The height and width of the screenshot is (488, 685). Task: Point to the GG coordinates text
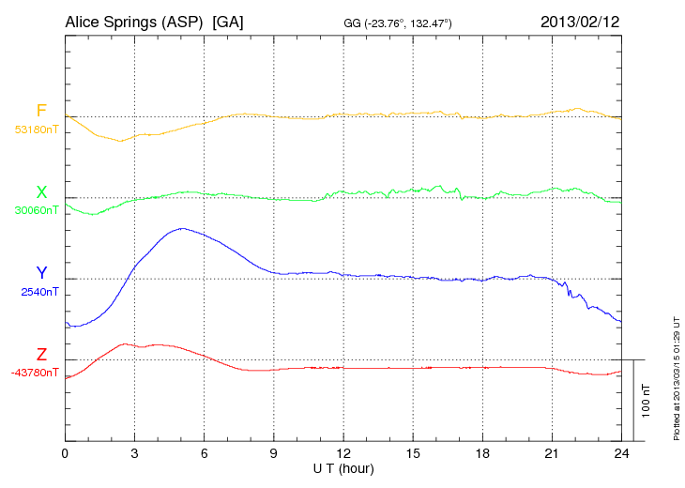(x=399, y=23)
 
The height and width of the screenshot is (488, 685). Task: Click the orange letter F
(x=41, y=111)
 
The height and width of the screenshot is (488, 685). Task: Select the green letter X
(x=41, y=192)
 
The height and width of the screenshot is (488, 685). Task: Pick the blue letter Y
(x=41, y=273)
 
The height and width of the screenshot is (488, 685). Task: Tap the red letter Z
(x=41, y=355)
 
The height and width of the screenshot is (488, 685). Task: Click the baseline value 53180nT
(x=36, y=130)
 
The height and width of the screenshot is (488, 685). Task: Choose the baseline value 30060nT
(x=36, y=210)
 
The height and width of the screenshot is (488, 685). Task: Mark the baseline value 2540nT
(x=39, y=292)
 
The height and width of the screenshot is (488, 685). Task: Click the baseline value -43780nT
(x=35, y=373)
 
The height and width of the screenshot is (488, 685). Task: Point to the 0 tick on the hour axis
(x=65, y=453)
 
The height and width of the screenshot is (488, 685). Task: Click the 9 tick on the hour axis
(x=274, y=453)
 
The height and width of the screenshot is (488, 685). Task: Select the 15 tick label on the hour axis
(x=413, y=453)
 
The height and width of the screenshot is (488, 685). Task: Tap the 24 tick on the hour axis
(x=621, y=453)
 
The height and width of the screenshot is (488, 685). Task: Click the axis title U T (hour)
(x=342, y=467)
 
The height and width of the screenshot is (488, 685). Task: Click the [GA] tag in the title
(x=228, y=22)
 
